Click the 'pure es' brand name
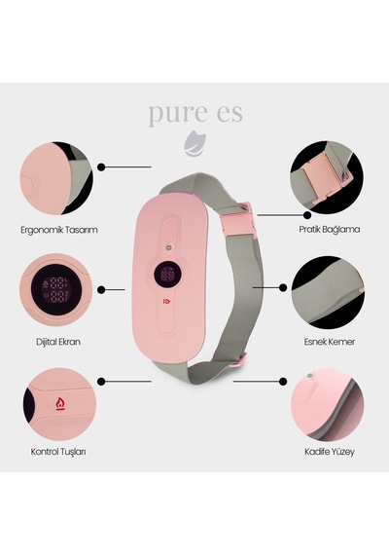(195, 113)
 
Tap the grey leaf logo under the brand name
(194, 143)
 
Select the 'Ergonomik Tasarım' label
(59, 230)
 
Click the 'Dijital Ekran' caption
(58, 342)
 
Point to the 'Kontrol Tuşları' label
(58, 452)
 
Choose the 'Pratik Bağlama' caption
(330, 230)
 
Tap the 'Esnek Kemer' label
(330, 342)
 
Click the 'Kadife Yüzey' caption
(330, 452)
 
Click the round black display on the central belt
(168, 275)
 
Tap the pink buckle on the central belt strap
(237, 219)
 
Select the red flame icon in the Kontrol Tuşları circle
(59, 403)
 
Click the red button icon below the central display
(166, 301)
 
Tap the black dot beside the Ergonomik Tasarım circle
(101, 167)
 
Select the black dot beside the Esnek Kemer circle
(283, 288)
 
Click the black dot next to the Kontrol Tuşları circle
(101, 382)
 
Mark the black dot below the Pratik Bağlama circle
(307, 215)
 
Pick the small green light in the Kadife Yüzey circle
(309, 376)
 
